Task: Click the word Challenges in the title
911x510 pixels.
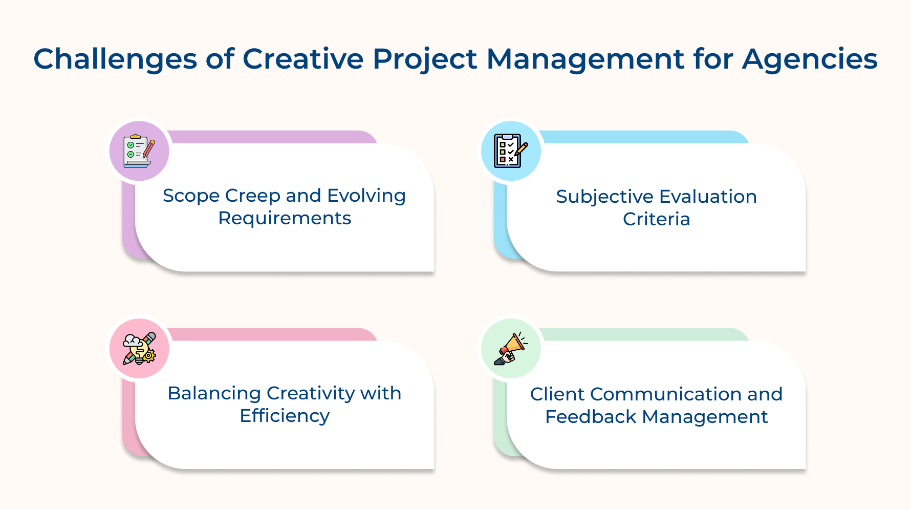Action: pos(115,59)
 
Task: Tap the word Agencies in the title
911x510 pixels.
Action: pos(810,59)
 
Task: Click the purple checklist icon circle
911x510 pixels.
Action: pos(139,151)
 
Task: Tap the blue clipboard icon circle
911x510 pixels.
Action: pos(511,151)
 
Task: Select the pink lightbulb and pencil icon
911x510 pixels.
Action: pos(139,349)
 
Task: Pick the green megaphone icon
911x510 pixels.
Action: pos(511,349)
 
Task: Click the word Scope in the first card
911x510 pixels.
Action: pos(190,196)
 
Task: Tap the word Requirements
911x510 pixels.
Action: pos(285,219)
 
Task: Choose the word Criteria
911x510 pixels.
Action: pos(656,220)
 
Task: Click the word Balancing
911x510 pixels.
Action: pos(214,394)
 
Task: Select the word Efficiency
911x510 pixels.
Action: pos(285,416)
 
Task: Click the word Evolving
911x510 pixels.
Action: pos(366,196)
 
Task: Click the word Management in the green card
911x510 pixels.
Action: pos(705,417)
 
